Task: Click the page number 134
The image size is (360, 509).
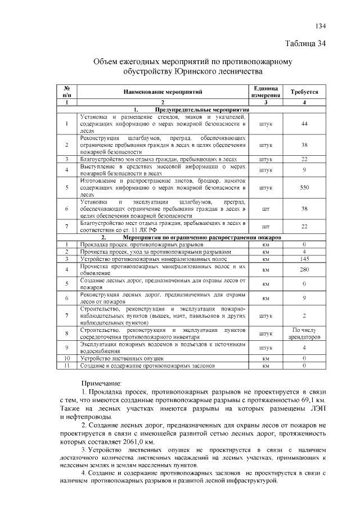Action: tap(320, 26)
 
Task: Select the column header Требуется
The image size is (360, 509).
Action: tap(304, 92)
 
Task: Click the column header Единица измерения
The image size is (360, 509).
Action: tap(265, 92)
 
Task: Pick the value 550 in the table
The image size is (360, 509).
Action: tap(304, 188)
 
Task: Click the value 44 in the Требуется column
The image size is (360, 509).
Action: tap(304, 124)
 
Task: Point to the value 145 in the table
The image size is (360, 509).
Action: tap(304, 259)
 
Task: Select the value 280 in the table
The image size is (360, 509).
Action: tap(304, 269)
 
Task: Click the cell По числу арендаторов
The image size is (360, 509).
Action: tap(304, 334)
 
